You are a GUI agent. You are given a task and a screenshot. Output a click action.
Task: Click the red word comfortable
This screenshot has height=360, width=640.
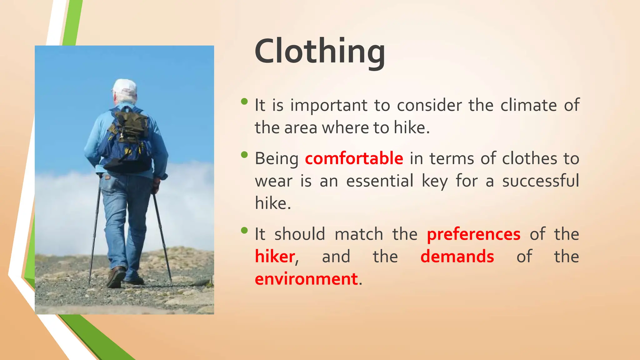click(354, 158)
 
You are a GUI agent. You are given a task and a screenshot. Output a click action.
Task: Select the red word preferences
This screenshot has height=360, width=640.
click(473, 234)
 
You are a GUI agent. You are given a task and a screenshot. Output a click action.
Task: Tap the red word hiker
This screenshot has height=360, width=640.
click(275, 257)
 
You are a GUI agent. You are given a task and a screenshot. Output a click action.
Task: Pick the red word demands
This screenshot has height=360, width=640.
click(457, 257)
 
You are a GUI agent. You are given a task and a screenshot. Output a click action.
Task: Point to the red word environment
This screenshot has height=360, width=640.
click(306, 279)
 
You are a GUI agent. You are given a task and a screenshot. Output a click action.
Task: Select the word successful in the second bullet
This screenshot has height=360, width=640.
click(540, 181)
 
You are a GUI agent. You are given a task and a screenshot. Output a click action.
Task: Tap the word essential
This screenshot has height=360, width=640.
click(380, 181)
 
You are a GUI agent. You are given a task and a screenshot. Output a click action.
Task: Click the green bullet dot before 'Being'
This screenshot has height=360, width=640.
click(244, 155)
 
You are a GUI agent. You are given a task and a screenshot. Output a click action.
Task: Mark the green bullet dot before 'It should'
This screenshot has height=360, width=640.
click(244, 231)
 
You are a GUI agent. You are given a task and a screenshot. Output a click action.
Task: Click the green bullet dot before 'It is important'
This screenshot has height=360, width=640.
click(244, 101)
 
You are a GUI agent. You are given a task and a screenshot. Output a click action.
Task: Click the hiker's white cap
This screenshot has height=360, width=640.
click(125, 87)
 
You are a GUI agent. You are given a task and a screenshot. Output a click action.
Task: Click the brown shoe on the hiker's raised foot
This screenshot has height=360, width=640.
click(116, 277)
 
